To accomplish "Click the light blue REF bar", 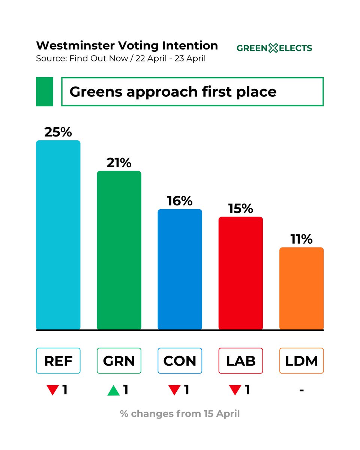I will pyautogui.click(x=58, y=235).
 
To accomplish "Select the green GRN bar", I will pyautogui.click(x=119, y=250).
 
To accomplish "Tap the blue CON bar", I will pyautogui.click(x=180, y=269).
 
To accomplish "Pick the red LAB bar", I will pyautogui.click(x=240, y=273).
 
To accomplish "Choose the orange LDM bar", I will pyautogui.click(x=301, y=288).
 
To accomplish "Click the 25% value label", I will pyautogui.click(x=58, y=132).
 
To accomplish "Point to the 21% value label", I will pyautogui.click(x=119, y=163).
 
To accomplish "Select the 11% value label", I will pyautogui.click(x=301, y=239).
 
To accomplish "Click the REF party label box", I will pyautogui.click(x=58, y=361).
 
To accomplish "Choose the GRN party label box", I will pyautogui.click(x=119, y=361).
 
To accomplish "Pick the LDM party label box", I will pyautogui.click(x=301, y=361).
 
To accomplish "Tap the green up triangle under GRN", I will pyautogui.click(x=113, y=391).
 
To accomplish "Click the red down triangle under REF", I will pyautogui.click(x=52, y=391).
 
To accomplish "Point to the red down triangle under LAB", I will pyautogui.click(x=235, y=391).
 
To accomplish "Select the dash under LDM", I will pyautogui.click(x=301, y=390).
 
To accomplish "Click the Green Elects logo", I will pyautogui.click(x=274, y=48).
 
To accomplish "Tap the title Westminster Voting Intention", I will pyautogui.click(x=127, y=45).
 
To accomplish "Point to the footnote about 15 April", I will pyautogui.click(x=180, y=414).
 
